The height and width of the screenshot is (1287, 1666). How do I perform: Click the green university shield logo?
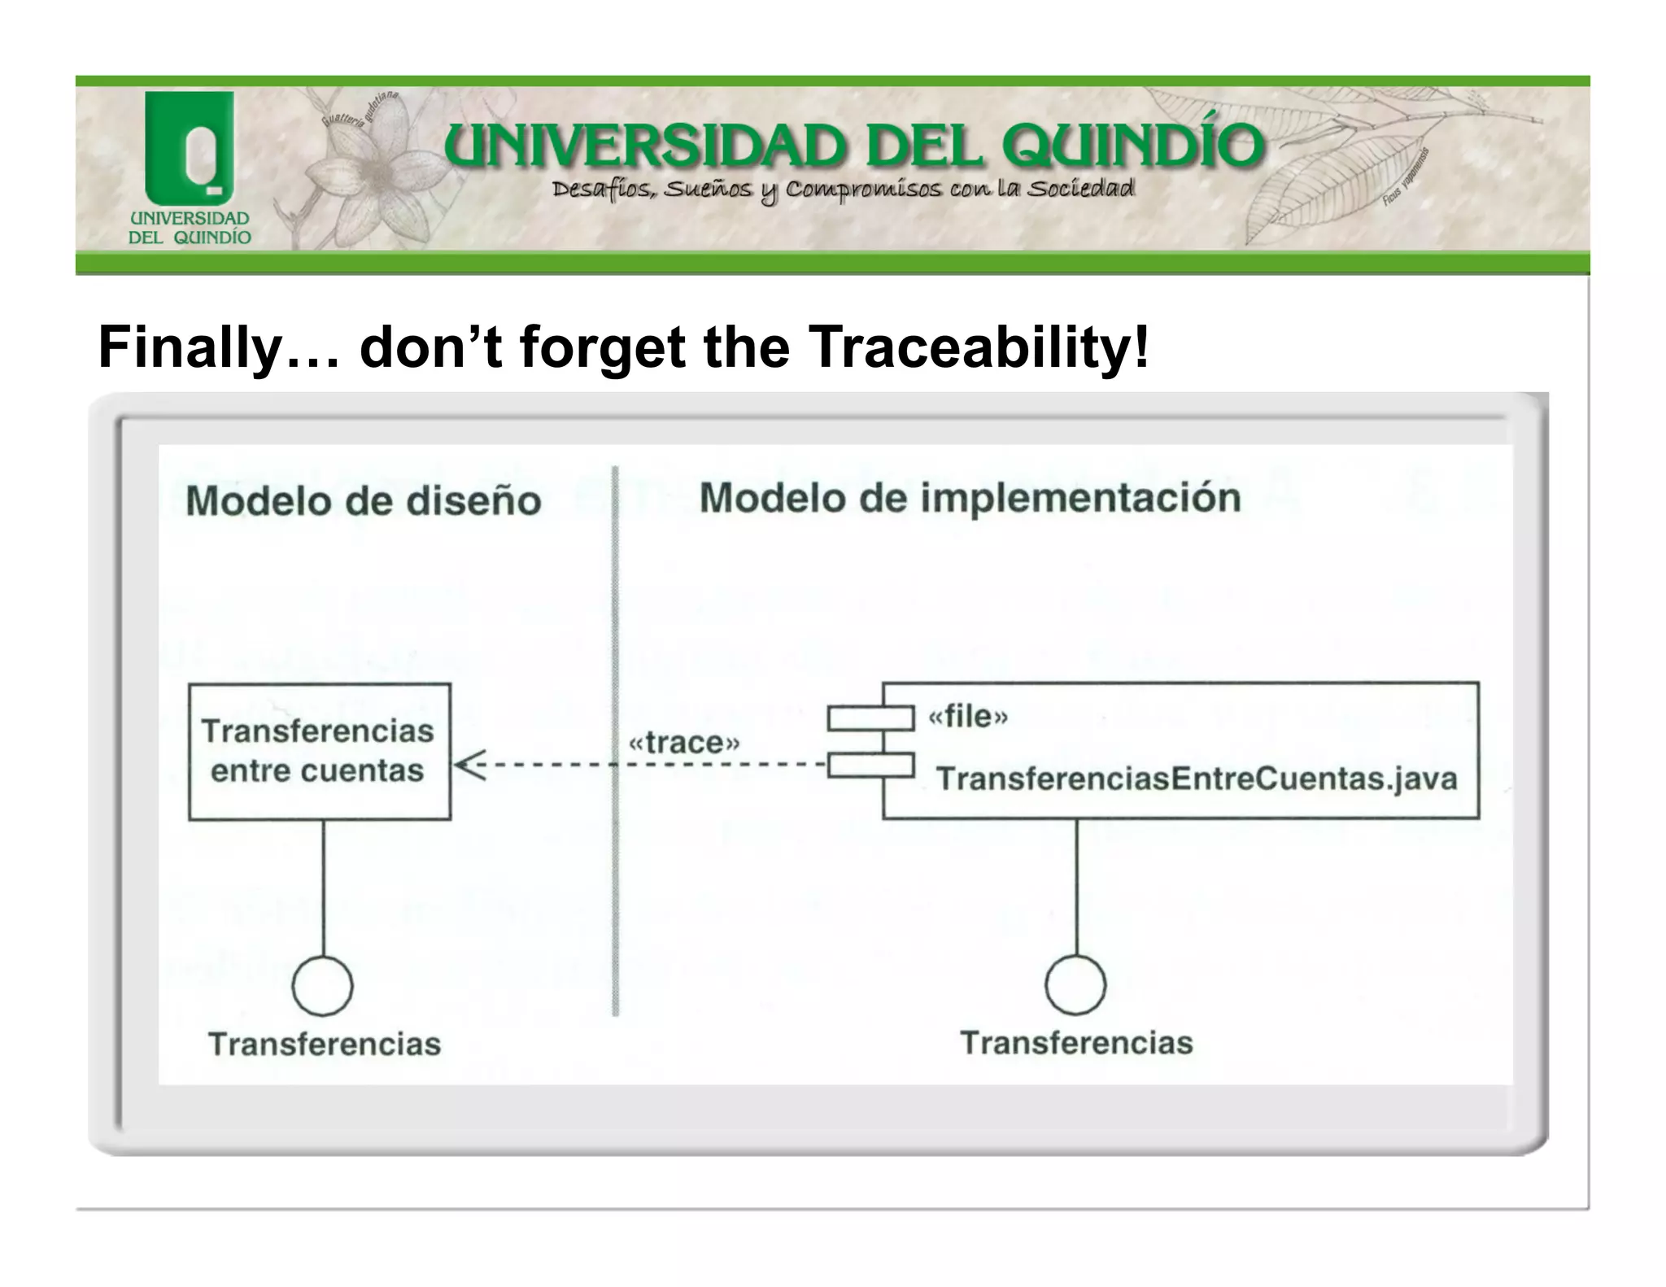(189, 146)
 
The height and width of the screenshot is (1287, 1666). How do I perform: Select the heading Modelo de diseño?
(364, 500)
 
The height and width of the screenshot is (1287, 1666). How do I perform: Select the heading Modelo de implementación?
(970, 498)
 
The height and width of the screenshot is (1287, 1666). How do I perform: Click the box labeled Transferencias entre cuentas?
(319, 751)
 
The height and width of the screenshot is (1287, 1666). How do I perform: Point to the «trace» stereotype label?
(684, 742)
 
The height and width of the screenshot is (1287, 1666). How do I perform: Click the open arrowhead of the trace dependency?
(469, 765)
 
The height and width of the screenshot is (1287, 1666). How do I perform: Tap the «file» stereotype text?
(968, 717)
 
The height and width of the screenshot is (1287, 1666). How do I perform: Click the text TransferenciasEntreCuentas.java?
(1196, 779)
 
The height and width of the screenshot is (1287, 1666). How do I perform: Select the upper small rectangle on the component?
(870, 718)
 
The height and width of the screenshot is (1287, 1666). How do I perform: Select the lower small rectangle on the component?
(870, 766)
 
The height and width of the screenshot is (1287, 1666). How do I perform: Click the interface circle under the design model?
(322, 985)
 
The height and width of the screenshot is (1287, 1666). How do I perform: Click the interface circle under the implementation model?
(1075, 984)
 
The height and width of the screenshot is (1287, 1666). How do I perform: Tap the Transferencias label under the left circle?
(325, 1044)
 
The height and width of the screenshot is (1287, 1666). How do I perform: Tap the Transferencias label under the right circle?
(1076, 1042)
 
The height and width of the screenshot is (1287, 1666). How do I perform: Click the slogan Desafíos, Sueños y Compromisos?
(842, 190)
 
